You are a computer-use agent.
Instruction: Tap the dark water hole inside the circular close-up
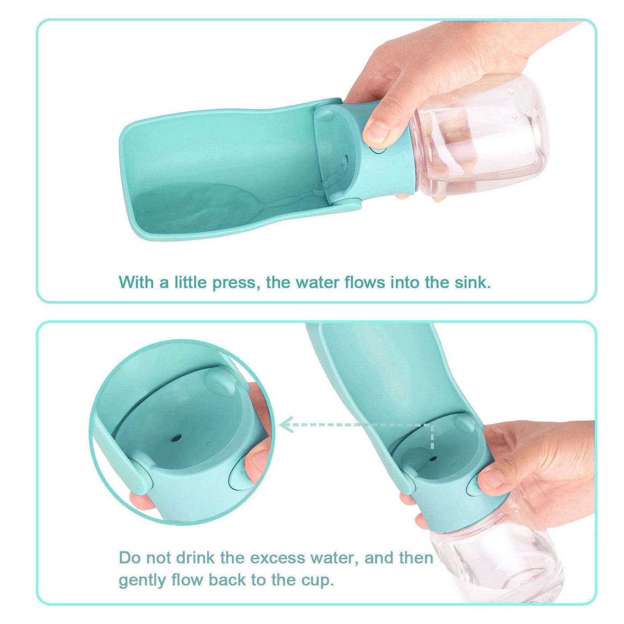coord(175,439)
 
